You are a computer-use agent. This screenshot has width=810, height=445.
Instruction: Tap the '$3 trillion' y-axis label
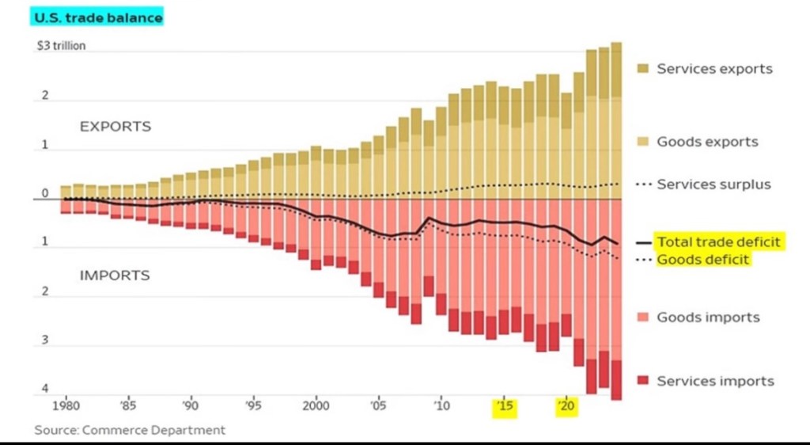pos(61,46)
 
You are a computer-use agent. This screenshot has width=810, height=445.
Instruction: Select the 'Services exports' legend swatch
pos(643,69)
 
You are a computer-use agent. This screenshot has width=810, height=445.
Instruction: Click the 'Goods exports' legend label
pos(707,142)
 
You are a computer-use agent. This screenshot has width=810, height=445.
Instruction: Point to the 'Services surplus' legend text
pos(713,184)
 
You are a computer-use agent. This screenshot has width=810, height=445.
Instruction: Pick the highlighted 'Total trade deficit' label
pos(718,242)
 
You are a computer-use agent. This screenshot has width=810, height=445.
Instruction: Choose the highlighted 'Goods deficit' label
pos(702,259)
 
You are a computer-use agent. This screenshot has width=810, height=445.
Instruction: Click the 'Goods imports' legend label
pos(708,318)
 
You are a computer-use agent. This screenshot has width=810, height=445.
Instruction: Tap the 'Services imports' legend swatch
pos(643,381)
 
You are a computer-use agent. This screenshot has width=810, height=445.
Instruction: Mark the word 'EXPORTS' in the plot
pos(115,127)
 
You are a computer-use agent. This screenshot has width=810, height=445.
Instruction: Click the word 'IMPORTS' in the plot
pos(115,276)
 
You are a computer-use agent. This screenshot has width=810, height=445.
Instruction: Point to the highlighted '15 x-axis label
pos(504,408)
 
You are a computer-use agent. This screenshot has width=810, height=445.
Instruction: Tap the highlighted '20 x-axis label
pos(566,408)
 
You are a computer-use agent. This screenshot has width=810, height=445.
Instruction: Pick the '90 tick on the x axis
pos(190,408)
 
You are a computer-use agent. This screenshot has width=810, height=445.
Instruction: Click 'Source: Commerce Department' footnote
pos(130,430)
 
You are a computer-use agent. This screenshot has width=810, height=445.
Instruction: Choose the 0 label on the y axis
pos(45,193)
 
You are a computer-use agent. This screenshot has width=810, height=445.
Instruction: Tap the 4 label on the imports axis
pos(45,389)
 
